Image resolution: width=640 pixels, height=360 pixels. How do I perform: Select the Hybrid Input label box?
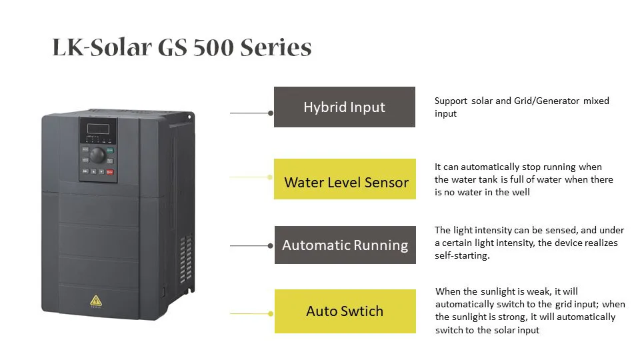(344, 107)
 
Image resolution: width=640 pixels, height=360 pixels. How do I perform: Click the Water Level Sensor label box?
(345, 179)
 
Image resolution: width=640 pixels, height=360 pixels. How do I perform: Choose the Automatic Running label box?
(345, 245)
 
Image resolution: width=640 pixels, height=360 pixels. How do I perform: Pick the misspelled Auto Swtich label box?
(345, 311)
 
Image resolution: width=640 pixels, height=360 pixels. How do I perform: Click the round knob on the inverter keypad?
(97, 155)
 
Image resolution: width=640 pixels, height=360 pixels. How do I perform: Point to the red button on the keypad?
(110, 171)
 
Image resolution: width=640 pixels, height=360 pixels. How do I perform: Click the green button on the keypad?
(110, 151)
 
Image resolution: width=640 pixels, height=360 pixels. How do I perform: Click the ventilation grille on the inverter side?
(186, 260)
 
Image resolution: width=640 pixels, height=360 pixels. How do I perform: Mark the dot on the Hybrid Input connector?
(270, 113)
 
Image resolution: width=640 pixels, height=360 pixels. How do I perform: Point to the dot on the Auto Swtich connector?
(270, 313)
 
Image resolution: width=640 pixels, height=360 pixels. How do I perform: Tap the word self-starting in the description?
(462, 255)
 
